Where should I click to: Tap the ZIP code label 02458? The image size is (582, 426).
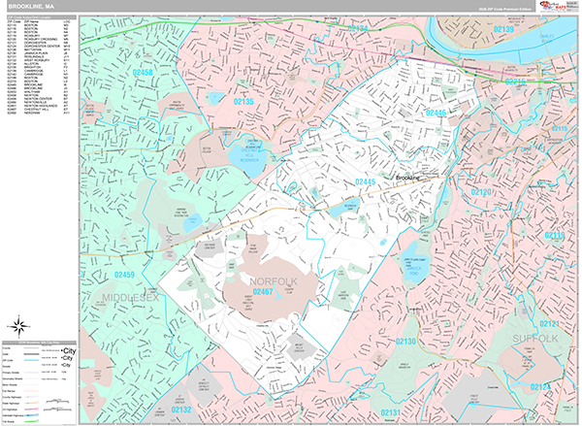pos(143,72)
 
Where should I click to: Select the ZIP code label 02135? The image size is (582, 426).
pos(242,101)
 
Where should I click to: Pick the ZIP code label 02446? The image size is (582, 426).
pos(436,113)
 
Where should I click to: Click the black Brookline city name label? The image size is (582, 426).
pos(413,179)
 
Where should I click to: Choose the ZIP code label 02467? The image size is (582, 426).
pos(264,291)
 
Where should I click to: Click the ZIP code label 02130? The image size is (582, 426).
pos(404,342)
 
